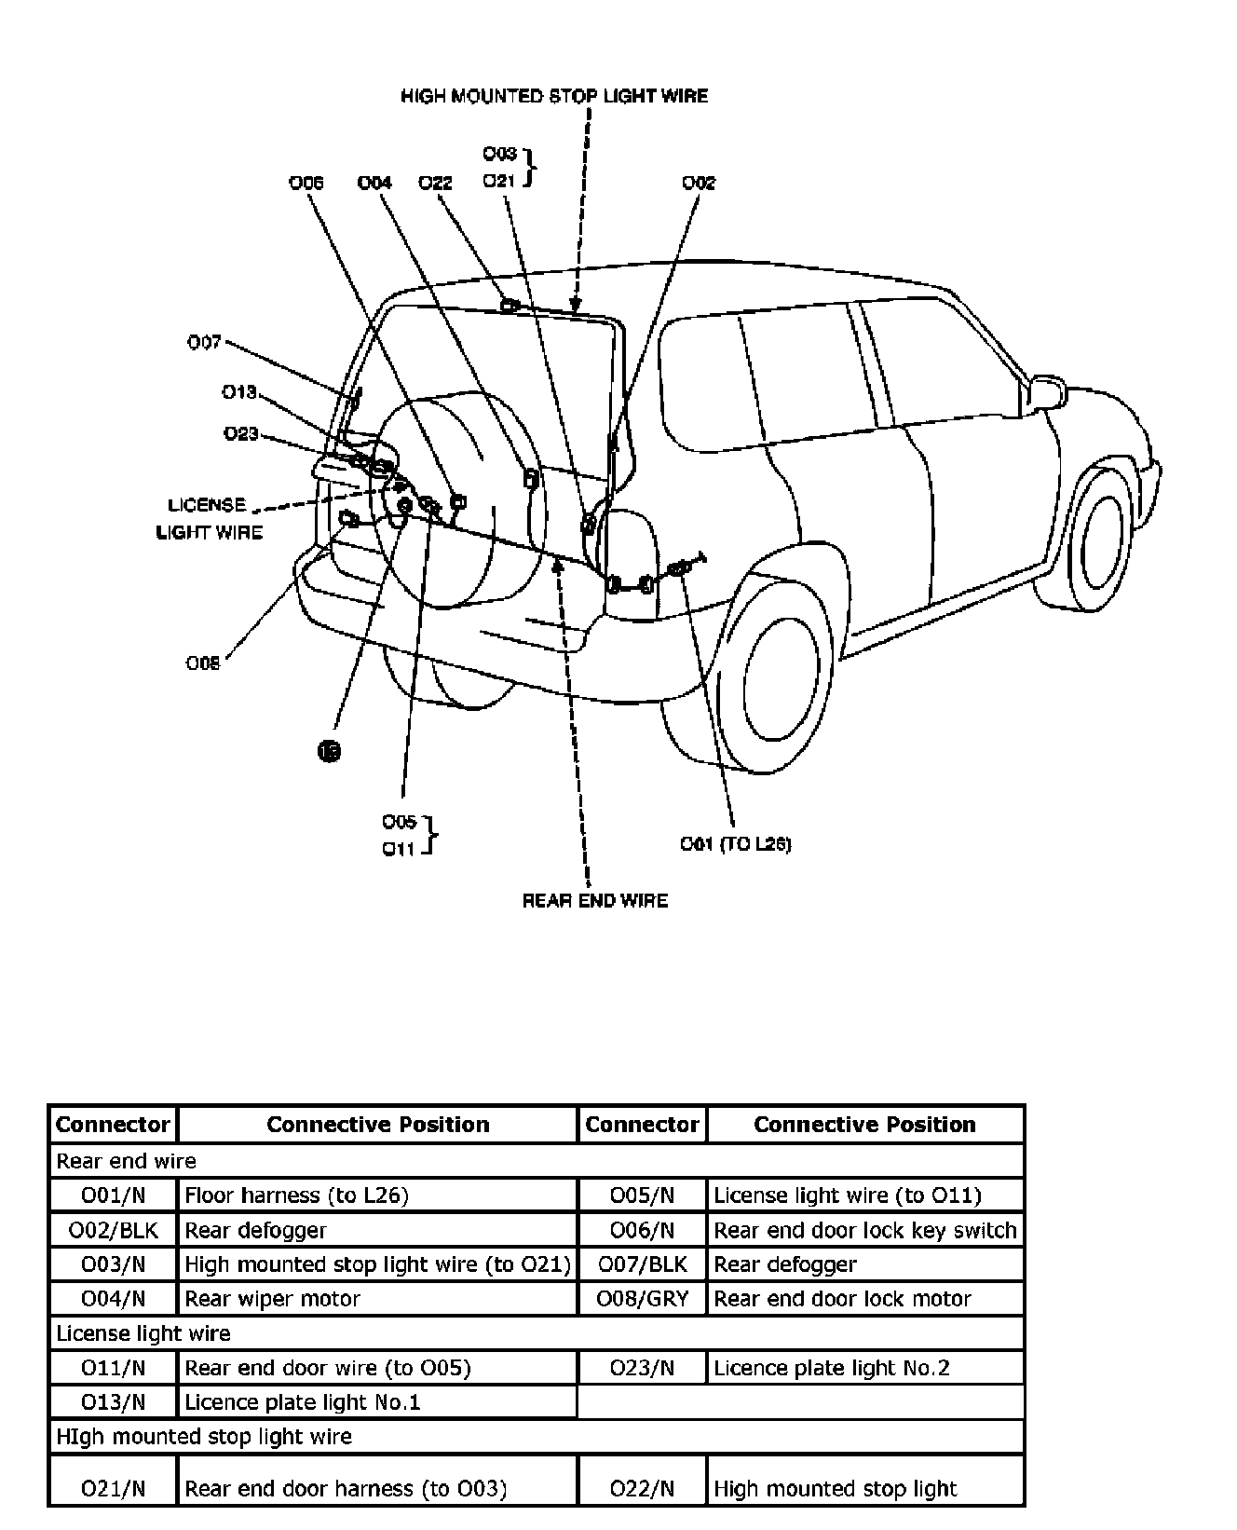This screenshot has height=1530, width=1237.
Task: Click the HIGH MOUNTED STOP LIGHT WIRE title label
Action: (x=553, y=96)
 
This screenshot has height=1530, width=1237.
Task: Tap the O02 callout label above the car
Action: (x=699, y=183)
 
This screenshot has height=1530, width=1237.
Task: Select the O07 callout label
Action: (x=205, y=342)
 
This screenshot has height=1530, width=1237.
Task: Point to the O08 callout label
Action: (x=203, y=663)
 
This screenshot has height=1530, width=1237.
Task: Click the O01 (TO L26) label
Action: (x=735, y=844)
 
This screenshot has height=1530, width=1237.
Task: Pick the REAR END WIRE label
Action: (x=594, y=900)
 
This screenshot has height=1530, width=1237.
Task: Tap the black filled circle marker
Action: (x=329, y=750)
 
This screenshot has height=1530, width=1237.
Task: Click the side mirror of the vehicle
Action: (x=1045, y=391)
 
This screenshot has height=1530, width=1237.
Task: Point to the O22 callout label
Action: (x=435, y=183)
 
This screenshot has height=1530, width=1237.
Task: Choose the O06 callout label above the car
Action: (x=306, y=183)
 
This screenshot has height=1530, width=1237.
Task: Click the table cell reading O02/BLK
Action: (x=113, y=1230)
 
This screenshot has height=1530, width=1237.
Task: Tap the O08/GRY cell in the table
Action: (x=642, y=1299)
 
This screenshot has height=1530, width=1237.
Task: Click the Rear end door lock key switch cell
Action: (x=864, y=1230)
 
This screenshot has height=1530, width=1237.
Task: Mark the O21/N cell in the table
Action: (x=113, y=1488)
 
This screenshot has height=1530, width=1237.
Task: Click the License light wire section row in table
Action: (x=536, y=1333)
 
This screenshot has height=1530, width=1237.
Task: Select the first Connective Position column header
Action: (x=376, y=1125)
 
